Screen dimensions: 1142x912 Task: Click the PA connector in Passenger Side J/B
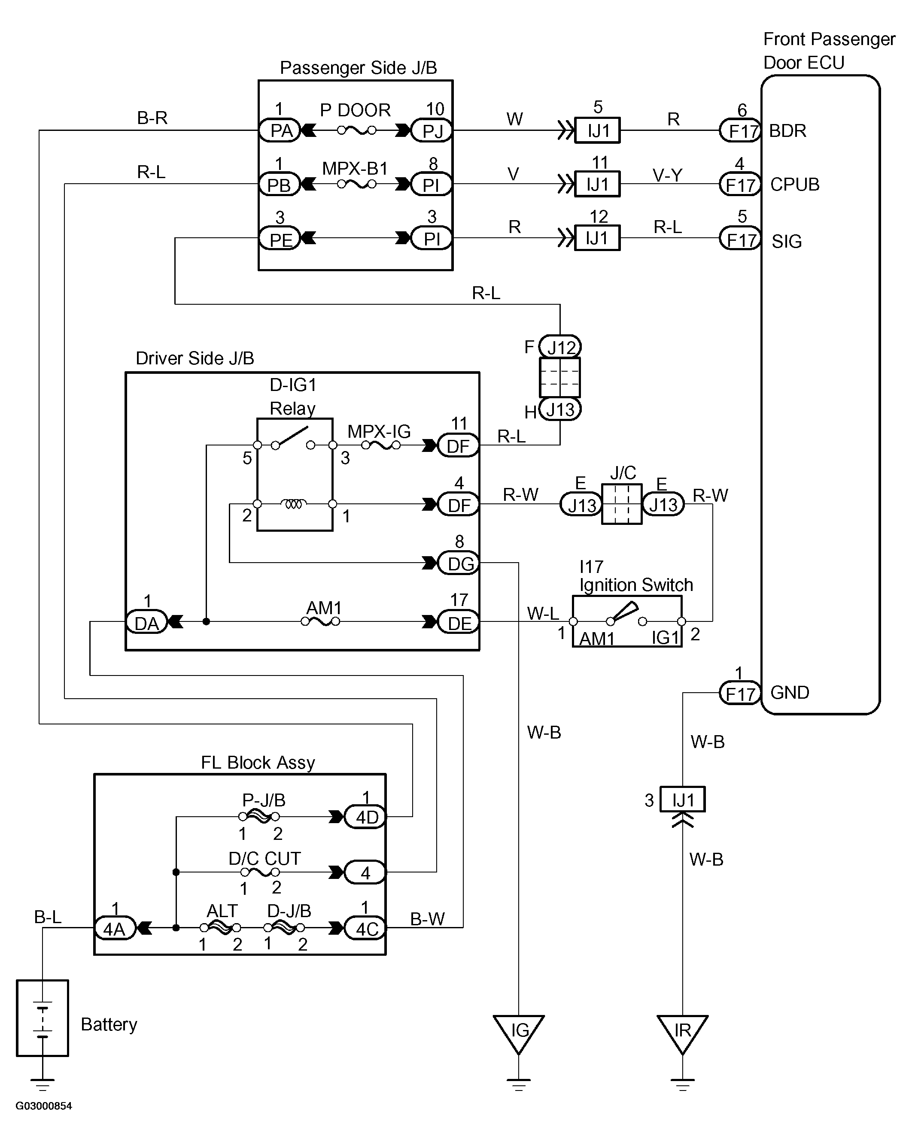[x=280, y=130]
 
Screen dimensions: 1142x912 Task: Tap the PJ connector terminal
[x=432, y=131]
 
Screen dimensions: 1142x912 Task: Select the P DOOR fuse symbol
[x=357, y=130]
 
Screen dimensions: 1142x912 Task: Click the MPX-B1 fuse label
[x=355, y=168]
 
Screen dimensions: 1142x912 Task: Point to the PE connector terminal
[x=280, y=239]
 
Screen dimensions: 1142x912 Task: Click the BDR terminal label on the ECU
[x=787, y=131]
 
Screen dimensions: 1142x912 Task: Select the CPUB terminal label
[x=794, y=185]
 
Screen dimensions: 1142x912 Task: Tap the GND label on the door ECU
[x=790, y=692]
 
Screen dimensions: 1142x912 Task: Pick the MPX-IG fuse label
[x=379, y=431]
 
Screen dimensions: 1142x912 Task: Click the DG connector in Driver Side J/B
[x=459, y=563]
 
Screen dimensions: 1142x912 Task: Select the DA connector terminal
[x=146, y=623]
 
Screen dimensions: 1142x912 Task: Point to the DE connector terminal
[x=459, y=623]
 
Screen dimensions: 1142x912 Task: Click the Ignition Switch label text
[x=636, y=585]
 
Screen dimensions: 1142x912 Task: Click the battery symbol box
[x=43, y=1018]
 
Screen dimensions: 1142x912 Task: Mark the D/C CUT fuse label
[x=264, y=858]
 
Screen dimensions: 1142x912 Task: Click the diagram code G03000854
[x=43, y=1106]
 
